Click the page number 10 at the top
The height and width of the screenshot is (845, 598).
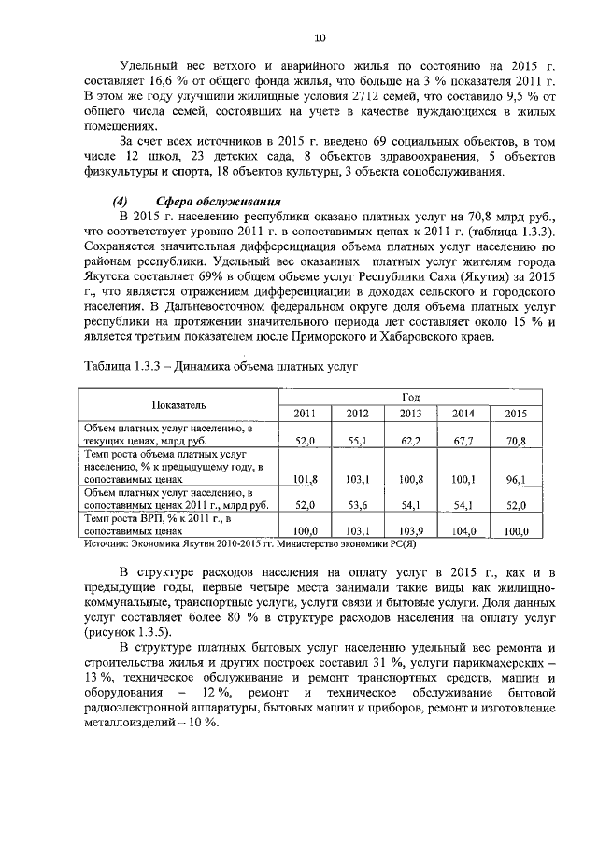coord(319,37)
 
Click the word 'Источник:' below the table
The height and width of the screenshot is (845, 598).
coord(109,542)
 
